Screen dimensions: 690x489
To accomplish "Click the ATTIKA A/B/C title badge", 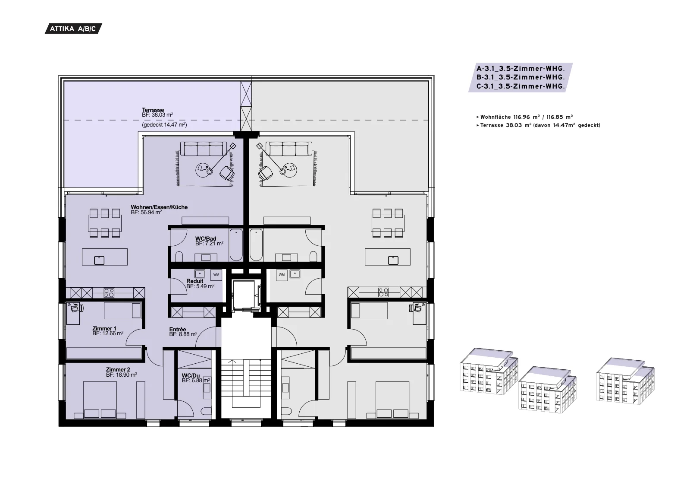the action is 73,29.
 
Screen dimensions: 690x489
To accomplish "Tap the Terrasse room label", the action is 153,110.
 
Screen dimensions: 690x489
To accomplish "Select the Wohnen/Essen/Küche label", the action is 159,207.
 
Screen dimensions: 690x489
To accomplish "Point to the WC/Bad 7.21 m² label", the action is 209,241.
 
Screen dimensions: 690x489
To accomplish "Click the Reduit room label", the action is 194,281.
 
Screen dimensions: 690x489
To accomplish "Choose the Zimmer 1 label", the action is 104,329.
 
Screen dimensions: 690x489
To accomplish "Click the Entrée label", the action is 177,330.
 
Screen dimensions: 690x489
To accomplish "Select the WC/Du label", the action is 191,375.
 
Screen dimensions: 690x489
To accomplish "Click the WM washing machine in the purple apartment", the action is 216,275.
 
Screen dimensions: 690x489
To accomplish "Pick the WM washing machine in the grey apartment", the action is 282,275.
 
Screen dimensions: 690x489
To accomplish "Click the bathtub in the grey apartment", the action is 256,245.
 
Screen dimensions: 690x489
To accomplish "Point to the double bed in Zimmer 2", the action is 100,400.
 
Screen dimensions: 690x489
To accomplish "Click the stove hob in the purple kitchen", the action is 109,293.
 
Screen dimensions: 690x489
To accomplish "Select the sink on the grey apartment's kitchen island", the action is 393,260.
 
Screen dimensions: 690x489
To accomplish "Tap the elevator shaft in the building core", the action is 246,295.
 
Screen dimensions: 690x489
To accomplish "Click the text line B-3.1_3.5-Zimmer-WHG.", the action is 521,77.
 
